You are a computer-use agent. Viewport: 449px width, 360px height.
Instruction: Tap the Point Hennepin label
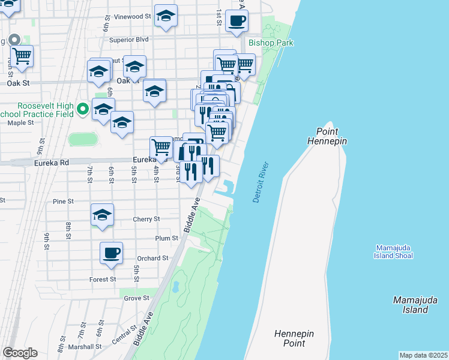click(x=327, y=136)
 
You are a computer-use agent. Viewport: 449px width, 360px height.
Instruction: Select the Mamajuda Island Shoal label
click(x=394, y=252)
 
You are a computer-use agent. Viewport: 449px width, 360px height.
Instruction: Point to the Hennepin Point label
click(x=294, y=338)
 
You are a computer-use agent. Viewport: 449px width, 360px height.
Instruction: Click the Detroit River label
click(x=259, y=182)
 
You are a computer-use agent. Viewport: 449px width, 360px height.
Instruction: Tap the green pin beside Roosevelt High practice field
click(x=83, y=110)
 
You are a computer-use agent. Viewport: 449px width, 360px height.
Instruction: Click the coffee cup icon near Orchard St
click(x=111, y=253)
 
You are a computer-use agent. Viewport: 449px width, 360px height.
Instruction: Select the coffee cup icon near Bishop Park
click(x=237, y=20)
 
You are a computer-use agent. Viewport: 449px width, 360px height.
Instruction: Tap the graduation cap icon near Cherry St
click(x=103, y=215)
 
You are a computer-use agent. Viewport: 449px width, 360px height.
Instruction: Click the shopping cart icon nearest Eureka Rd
click(x=161, y=146)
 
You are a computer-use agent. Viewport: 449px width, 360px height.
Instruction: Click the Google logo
click(x=20, y=353)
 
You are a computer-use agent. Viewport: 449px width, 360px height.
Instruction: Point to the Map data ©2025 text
click(x=423, y=355)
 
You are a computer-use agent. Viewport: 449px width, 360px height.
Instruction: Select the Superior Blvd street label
click(x=128, y=40)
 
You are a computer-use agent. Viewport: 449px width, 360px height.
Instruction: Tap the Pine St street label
click(x=63, y=202)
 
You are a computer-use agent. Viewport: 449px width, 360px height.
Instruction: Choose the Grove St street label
click(x=136, y=298)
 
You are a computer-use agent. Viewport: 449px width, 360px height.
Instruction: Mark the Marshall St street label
click(x=85, y=347)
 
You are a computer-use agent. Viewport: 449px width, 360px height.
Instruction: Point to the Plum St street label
click(x=167, y=238)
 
